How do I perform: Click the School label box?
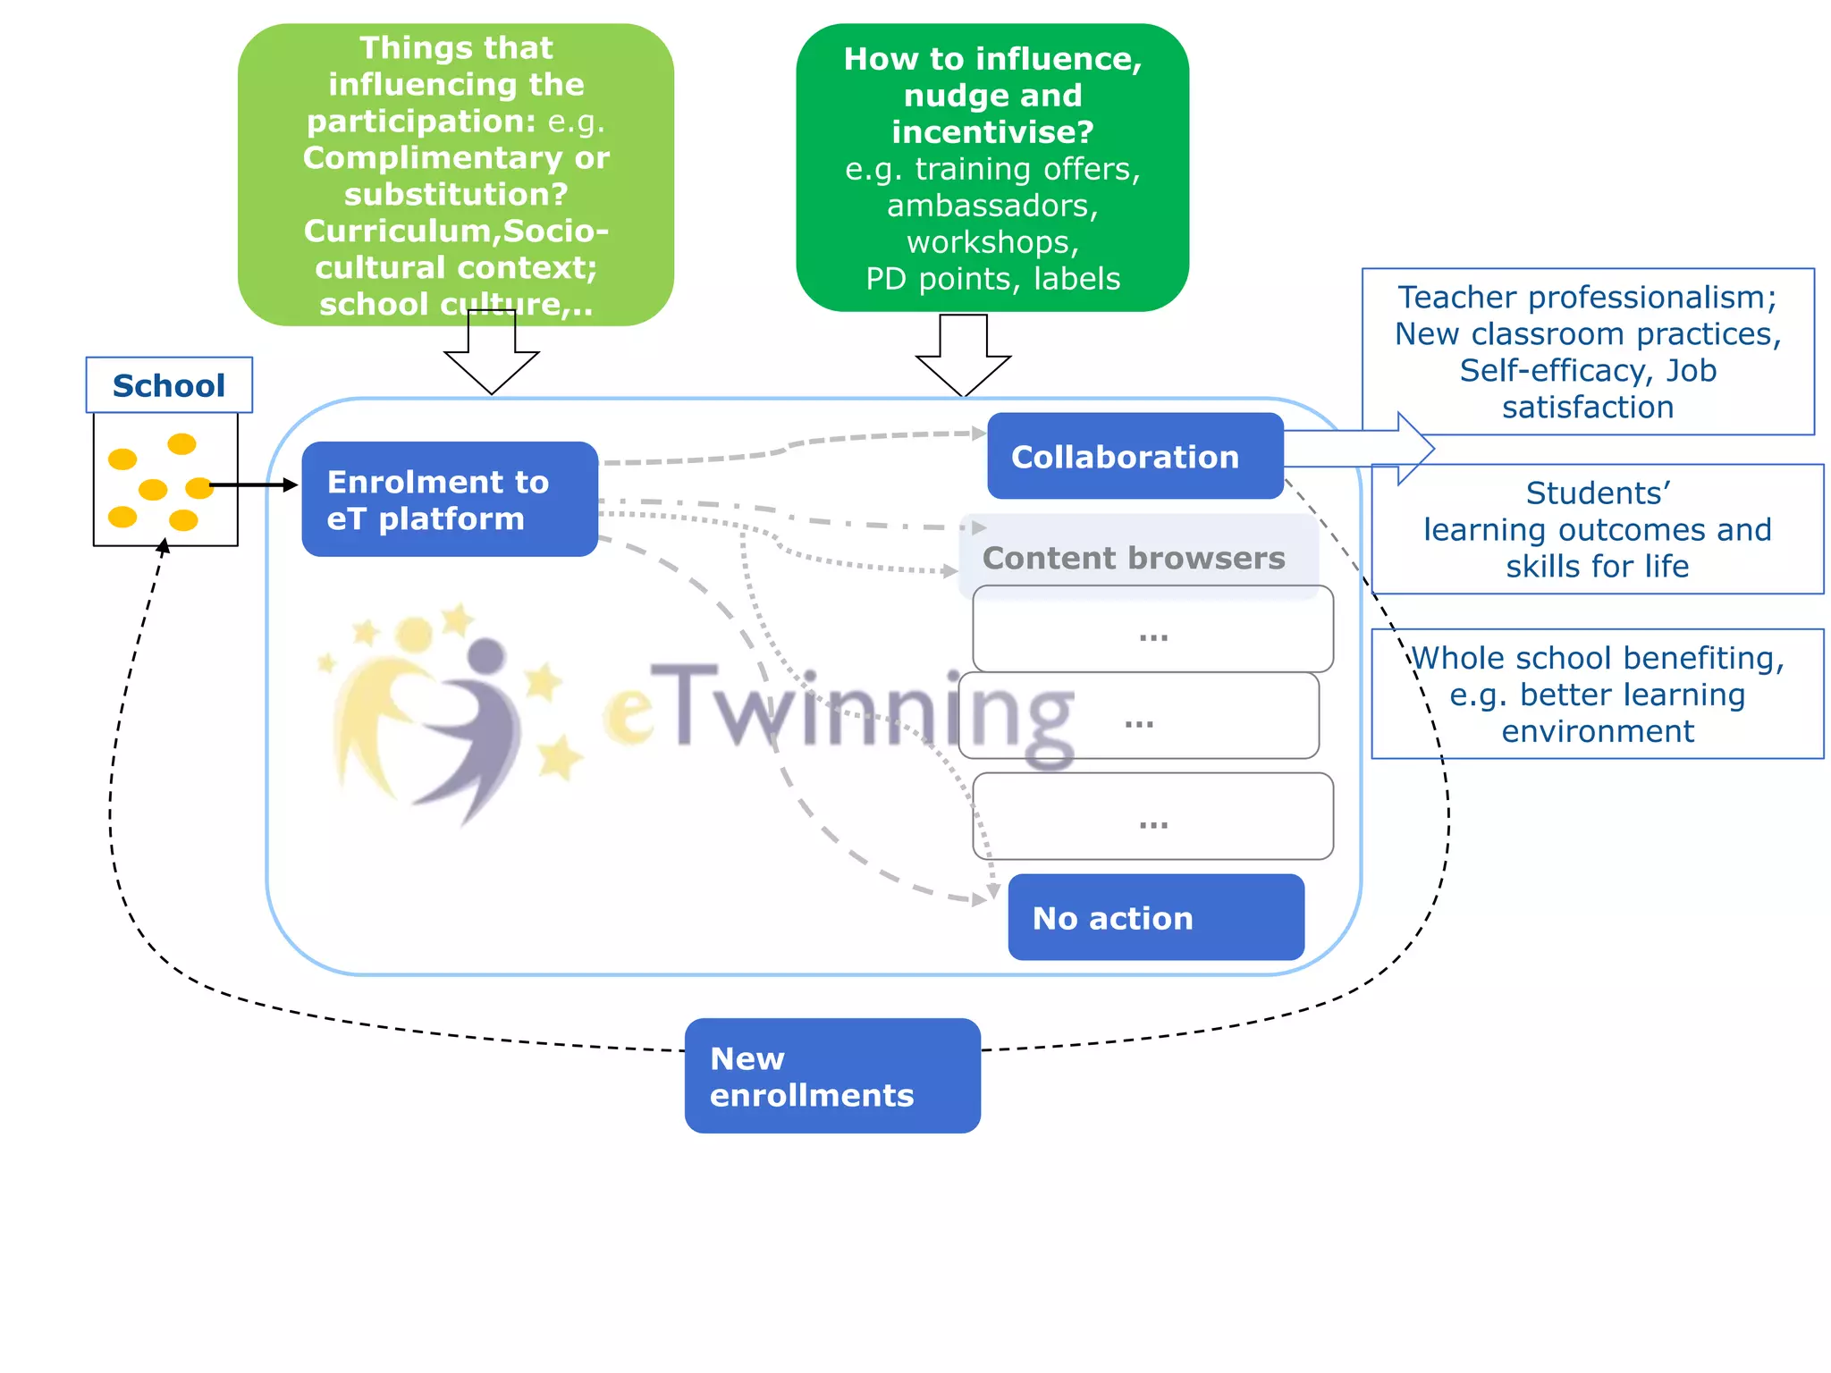click(x=169, y=385)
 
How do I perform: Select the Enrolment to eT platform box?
click(x=450, y=500)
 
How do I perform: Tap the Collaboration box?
click(x=1135, y=457)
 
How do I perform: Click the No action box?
click(x=1155, y=918)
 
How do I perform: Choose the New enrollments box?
click(x=832, y=1076)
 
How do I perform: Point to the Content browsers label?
click(x=1134, y=559)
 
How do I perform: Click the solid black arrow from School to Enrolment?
click(x=255, y=485)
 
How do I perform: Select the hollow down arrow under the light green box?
click(x=492, y=358)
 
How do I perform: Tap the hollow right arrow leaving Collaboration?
click(x=1368, y=449)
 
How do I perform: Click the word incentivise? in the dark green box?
click(x=992, y=132)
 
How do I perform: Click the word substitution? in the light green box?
click(x=456, y=194)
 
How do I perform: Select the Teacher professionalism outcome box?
click(x=1588, y=352)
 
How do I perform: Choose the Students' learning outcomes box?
click(x=1597, y=529)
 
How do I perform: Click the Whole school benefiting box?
click(x=1597, y=695)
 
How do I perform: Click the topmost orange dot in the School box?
click(x=181, y=443)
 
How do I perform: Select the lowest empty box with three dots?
click(x=1152, y=817)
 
